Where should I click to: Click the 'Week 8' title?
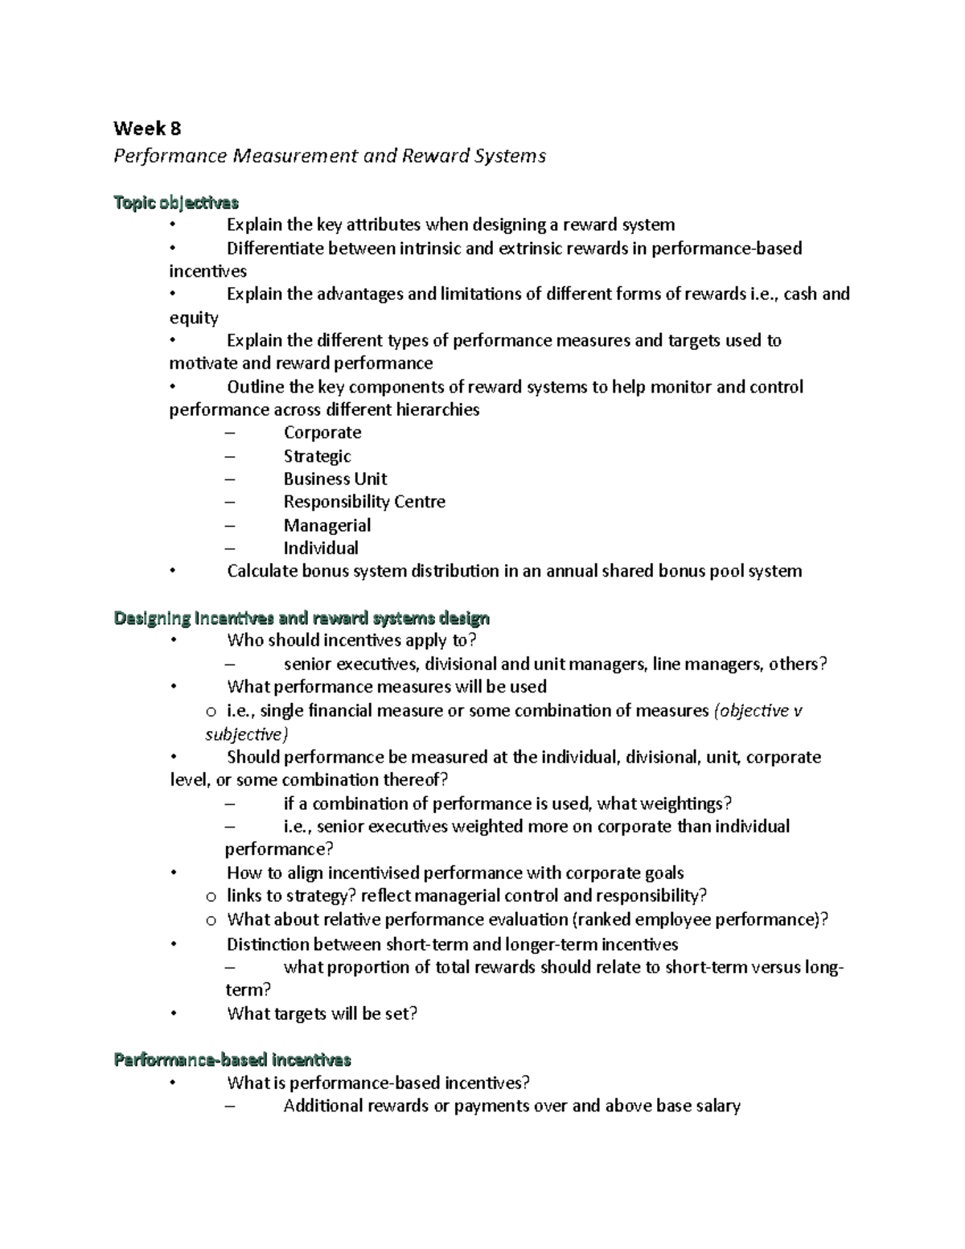147,129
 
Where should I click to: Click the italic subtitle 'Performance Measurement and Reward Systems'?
330,155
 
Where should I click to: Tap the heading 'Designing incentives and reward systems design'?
302,618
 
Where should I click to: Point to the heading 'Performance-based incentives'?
232,1059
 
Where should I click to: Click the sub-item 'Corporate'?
322,433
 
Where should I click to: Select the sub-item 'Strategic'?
317,456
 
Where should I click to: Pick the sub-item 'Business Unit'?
335,479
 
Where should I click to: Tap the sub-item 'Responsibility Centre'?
364,502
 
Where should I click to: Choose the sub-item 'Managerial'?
326,525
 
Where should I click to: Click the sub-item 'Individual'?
321,548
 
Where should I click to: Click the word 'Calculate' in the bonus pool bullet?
261,571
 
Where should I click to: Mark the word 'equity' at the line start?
194,318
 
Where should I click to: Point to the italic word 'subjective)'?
246,734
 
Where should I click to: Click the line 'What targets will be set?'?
322,1013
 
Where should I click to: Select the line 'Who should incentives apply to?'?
351,640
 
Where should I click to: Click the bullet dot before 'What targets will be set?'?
172,1013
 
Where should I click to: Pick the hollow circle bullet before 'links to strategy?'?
211,897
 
